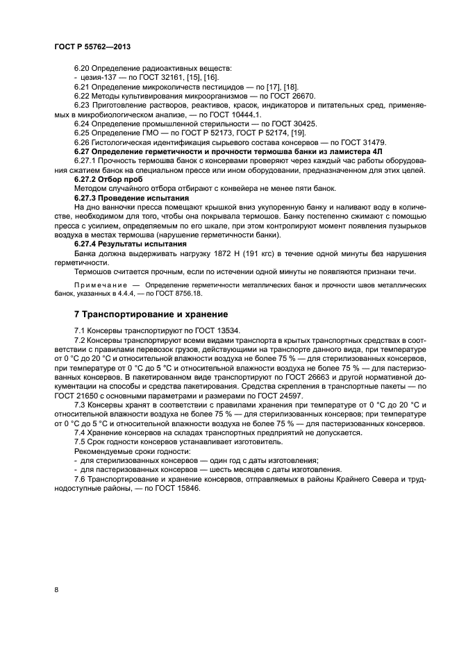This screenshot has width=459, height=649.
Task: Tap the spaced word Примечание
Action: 99,285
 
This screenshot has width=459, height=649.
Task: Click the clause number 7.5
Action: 81,441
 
